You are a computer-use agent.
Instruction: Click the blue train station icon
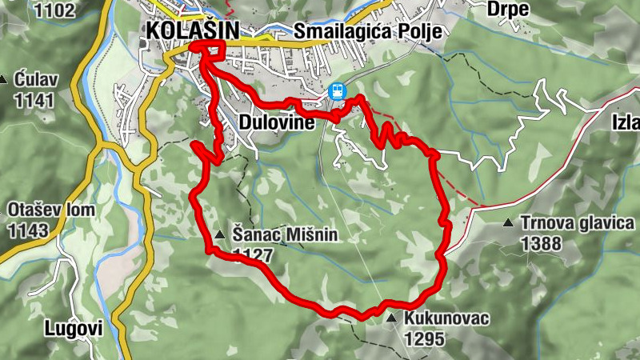(338, 90)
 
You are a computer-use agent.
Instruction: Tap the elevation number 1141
(34, 101)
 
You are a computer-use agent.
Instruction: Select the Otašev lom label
(51, 210)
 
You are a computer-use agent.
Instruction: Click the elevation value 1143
(28, 231)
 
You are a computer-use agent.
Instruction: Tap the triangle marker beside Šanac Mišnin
(220, 235)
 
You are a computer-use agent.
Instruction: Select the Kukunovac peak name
(446, 318)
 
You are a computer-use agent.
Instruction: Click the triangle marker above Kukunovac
(391, 318)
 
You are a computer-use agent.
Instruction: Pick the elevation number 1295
(424, 339)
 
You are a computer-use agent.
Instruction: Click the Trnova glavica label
(577, 223)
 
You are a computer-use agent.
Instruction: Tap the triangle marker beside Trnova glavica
(508, 223)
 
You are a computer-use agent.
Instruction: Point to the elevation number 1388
(541, 244)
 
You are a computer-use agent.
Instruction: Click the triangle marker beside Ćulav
(4, 80)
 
